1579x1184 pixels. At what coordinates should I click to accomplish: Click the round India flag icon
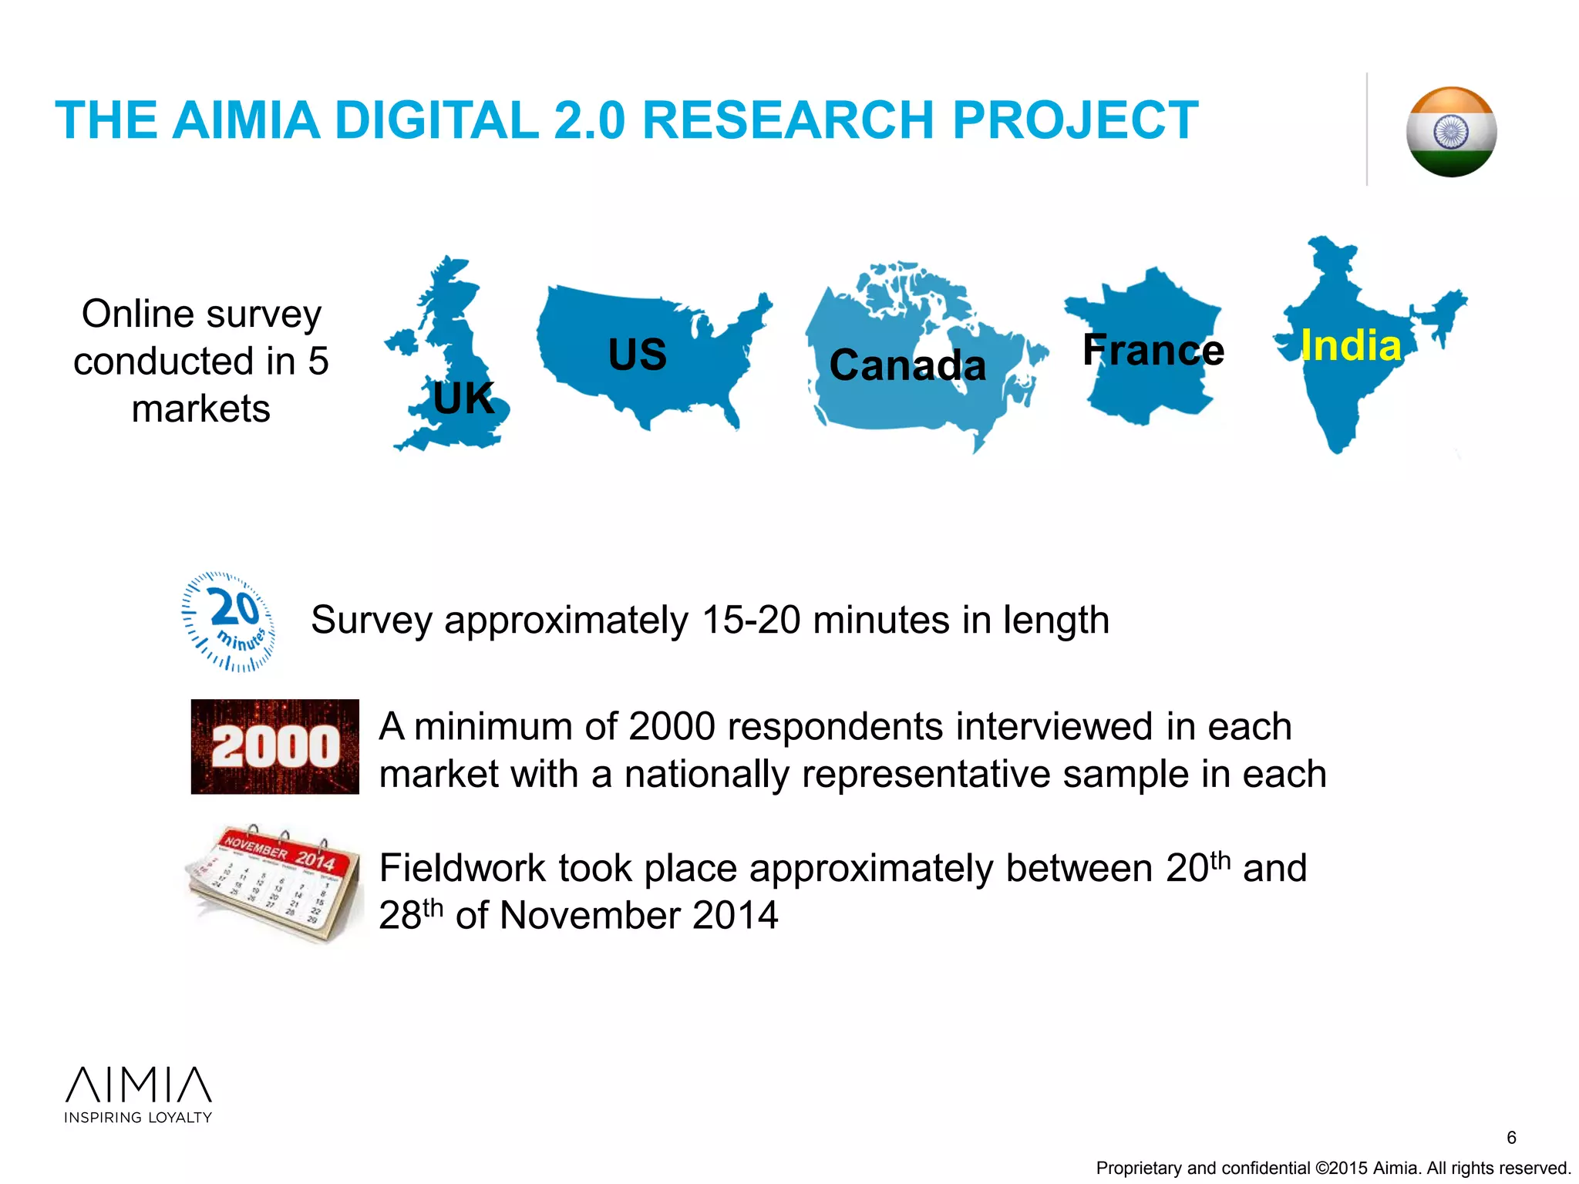tap(1451, 132)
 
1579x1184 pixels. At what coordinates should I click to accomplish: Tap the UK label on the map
tap(463, 398)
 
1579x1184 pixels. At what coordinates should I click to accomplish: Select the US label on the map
tap(637, 355)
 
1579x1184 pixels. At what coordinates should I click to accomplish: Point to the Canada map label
tap(907, 365)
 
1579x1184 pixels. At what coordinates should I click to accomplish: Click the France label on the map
tap(1153, 350)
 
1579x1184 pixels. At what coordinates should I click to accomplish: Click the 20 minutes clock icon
tap(229, 621)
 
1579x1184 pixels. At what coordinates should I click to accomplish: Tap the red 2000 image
tap(275, 746)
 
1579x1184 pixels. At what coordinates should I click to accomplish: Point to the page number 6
tap(1511, 1138)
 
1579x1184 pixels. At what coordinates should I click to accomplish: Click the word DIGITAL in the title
tap(436, 120)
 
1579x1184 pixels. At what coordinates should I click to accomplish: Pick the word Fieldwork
tap(462, 869)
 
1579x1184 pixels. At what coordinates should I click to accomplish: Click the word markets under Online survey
tap(201, 409)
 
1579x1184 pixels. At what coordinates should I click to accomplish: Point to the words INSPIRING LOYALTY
tap(138, 1118)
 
